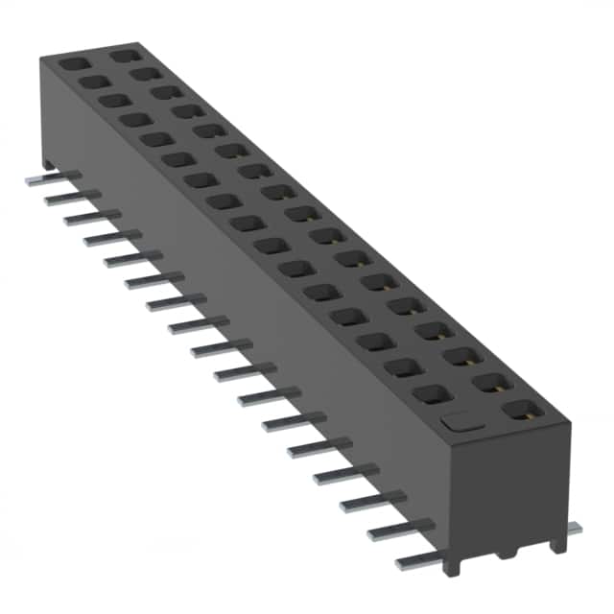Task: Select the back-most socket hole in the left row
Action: (x=73, y=63)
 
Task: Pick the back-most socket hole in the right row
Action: (x=122, y=57)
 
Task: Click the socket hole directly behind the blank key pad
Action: (x=433, y=393)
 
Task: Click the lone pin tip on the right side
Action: (x=574, y=527)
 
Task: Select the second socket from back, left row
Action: (x=95, y=83)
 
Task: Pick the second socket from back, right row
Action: (x=144, y=75)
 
